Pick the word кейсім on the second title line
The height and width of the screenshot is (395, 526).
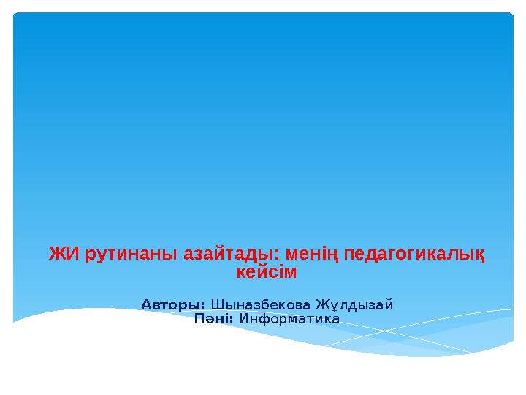pos(267,273)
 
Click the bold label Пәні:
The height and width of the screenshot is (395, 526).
pos(214,319)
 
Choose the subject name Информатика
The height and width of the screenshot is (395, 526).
pos(289,319)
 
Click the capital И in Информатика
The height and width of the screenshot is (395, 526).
pos(244,319)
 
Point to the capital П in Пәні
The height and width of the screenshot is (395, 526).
pos(199,319)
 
